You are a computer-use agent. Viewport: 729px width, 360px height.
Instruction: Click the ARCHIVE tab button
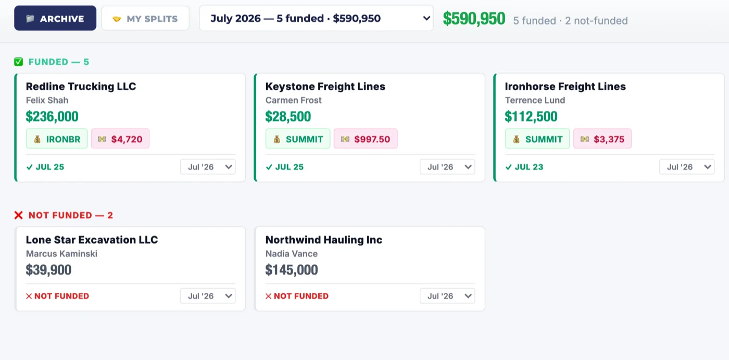coord(55,18)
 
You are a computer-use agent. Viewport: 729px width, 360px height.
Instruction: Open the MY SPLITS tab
coord(145,18)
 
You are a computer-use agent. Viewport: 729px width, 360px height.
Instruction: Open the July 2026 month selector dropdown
coord(316,18)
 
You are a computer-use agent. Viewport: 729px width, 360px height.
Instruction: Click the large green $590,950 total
coord(474,19)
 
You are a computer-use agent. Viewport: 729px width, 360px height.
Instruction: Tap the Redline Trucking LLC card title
coord(81,86)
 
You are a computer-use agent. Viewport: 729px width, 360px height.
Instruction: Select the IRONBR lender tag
coord(57,139)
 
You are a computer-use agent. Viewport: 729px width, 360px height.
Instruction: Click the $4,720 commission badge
coord(120,139)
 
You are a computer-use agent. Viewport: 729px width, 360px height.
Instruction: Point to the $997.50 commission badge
coord(366,139)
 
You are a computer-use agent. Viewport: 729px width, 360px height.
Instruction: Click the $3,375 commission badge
coord(602,139)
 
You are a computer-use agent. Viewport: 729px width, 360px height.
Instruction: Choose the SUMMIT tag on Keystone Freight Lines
coord(298,139)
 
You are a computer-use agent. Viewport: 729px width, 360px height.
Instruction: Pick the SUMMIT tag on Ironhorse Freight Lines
coord(537,139)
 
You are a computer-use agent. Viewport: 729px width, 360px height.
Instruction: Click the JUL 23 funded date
coord(524,167)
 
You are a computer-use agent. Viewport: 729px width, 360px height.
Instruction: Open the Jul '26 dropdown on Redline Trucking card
coord(208,167)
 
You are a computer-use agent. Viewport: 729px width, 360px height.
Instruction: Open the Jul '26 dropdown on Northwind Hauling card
coord(447,296)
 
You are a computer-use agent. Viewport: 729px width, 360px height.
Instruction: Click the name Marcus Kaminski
coord(61,254)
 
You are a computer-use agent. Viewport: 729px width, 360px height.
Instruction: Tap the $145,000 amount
coord(292,270)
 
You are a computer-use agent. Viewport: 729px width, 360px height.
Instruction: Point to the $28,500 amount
coord(288,117)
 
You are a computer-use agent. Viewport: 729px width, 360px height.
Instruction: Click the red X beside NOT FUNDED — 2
coord(19,215)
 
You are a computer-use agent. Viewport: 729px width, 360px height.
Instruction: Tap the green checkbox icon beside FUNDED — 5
coord(19,61)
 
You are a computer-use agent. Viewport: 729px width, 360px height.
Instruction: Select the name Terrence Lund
coord(535,100)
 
